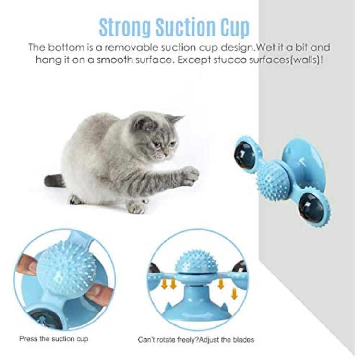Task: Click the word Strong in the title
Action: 125,27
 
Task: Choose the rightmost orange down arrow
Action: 234,293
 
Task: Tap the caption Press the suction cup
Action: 54,339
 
